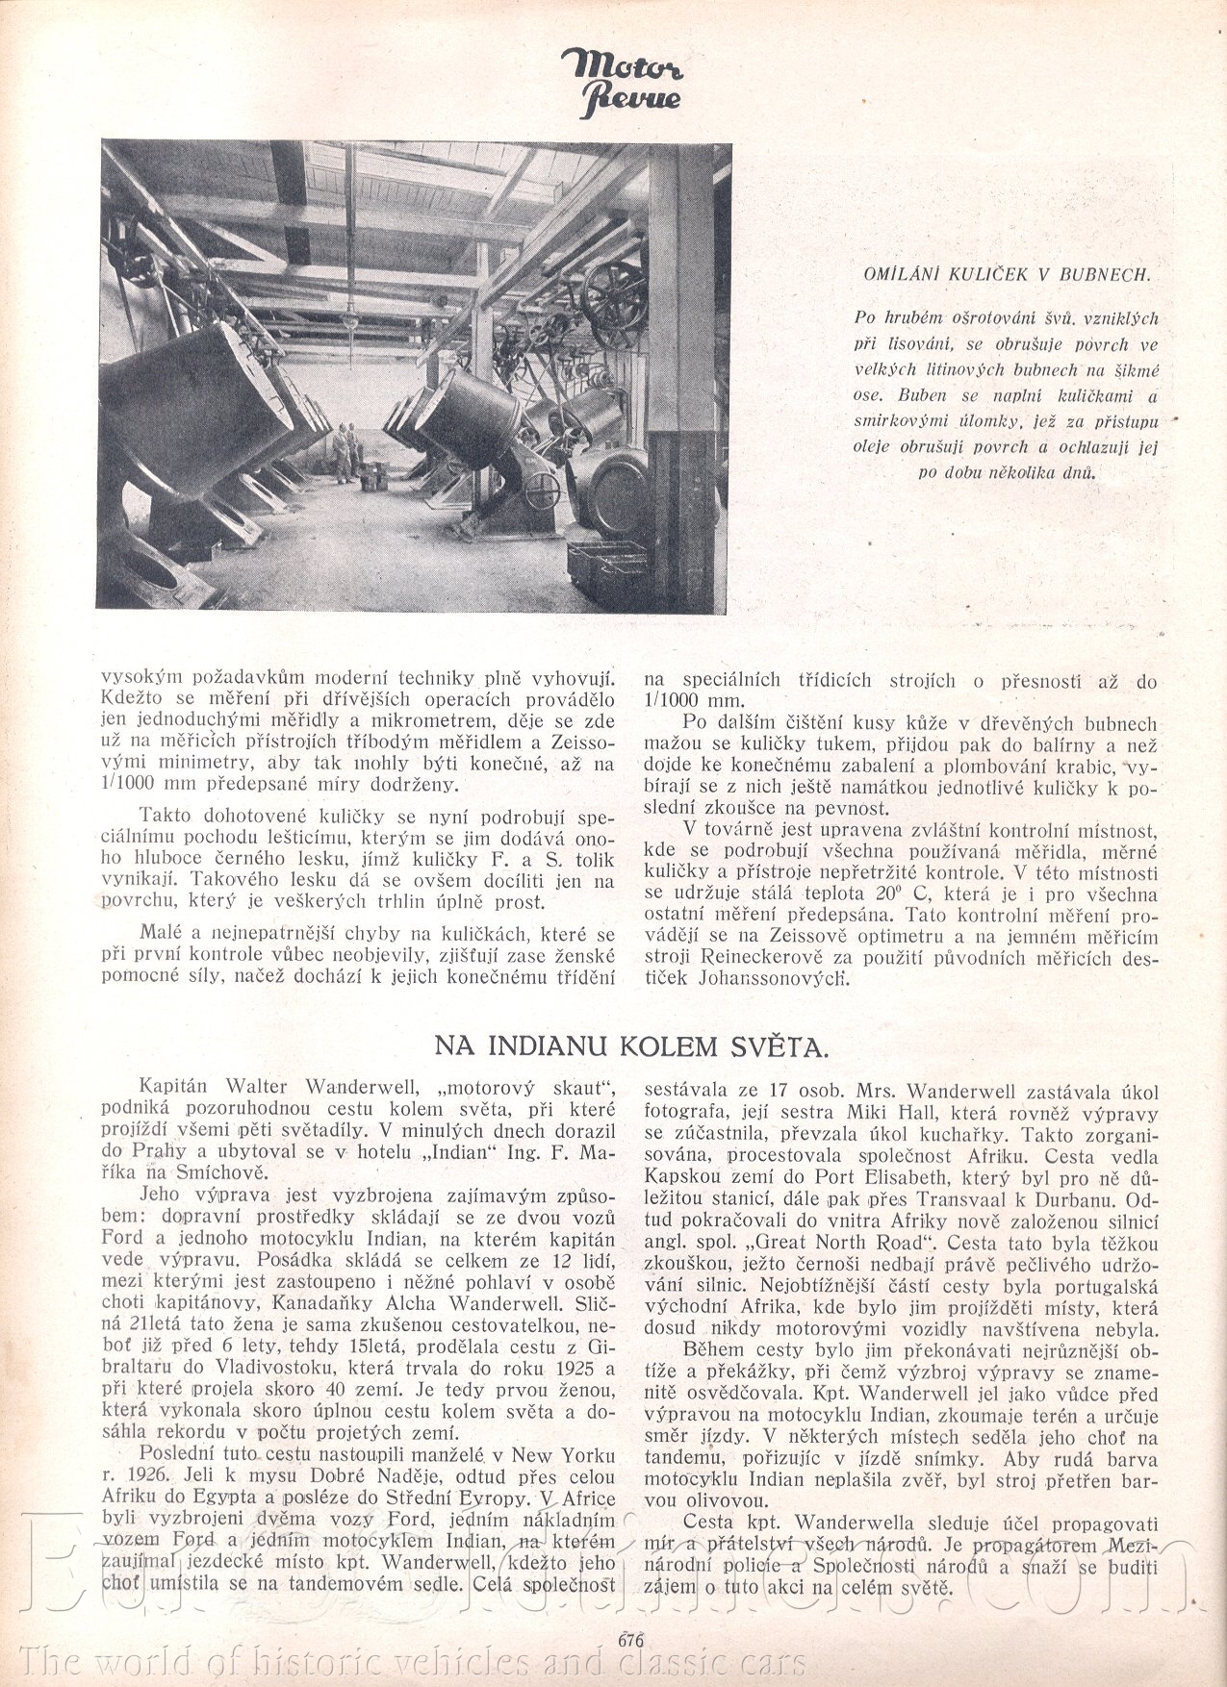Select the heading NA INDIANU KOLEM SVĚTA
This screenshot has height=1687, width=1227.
[x=630, y=1045]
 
